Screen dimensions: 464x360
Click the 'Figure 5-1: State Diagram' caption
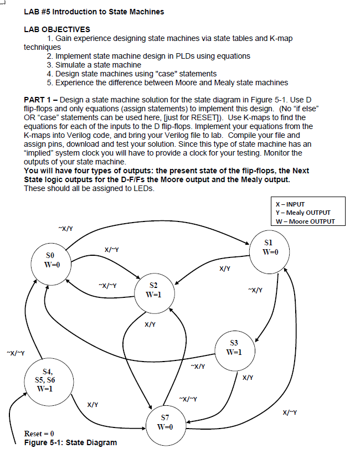pos(70,442)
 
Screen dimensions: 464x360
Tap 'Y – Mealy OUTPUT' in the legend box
pos(302,213)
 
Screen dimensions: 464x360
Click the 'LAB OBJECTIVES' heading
pos(57,29)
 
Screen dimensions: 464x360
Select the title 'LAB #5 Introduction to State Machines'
pos(94,12)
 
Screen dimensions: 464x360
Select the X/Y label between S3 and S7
pos(248,378)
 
